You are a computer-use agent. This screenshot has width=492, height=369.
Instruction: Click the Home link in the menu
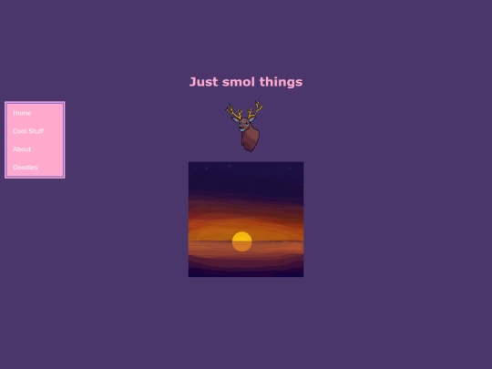point(22,113)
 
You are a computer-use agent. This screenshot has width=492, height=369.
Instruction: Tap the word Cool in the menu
point(20,131)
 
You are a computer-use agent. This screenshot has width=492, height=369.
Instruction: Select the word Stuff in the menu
point(36,131)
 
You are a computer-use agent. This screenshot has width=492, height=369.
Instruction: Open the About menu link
point(22,149)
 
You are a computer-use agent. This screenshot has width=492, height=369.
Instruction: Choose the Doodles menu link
point(26,168)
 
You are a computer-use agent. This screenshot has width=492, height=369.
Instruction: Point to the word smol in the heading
point(239,82)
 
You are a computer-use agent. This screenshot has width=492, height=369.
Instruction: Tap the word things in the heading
point(281,82)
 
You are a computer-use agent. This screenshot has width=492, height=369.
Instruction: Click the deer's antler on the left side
point(233,112)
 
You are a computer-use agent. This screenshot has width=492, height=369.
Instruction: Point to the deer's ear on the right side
point(253,120)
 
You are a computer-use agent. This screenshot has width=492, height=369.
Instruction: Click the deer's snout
point(243,128)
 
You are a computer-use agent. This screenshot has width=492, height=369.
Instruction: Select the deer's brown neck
point(251,138)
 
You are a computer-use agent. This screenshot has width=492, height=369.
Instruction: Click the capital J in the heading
point(193,82)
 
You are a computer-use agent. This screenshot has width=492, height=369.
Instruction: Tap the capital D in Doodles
point(15,168)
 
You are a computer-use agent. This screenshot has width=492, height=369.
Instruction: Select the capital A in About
point(15,149)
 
